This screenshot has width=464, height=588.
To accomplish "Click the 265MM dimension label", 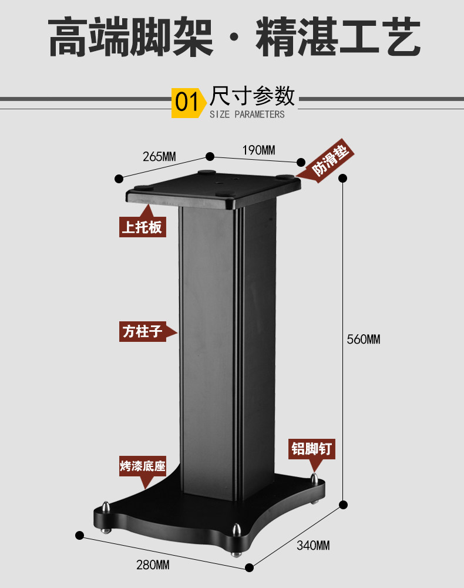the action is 159,157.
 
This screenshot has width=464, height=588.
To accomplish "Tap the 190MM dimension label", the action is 259,150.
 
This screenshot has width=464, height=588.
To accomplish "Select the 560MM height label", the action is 363,340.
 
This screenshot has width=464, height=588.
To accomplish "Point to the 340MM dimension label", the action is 313,546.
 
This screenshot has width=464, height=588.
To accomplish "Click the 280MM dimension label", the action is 153,565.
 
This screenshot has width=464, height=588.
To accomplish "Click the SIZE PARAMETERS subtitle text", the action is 247,115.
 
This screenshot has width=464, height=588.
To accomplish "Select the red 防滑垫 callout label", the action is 329,162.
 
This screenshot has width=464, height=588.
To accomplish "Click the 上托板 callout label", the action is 142,226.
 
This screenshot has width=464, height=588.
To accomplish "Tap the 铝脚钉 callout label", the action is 312,449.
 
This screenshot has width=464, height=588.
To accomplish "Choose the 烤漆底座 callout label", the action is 142,468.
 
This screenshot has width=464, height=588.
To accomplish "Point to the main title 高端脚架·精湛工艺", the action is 233,38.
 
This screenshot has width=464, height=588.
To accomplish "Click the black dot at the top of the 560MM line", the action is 344,178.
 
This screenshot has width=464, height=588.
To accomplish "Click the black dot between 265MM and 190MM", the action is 209,156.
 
